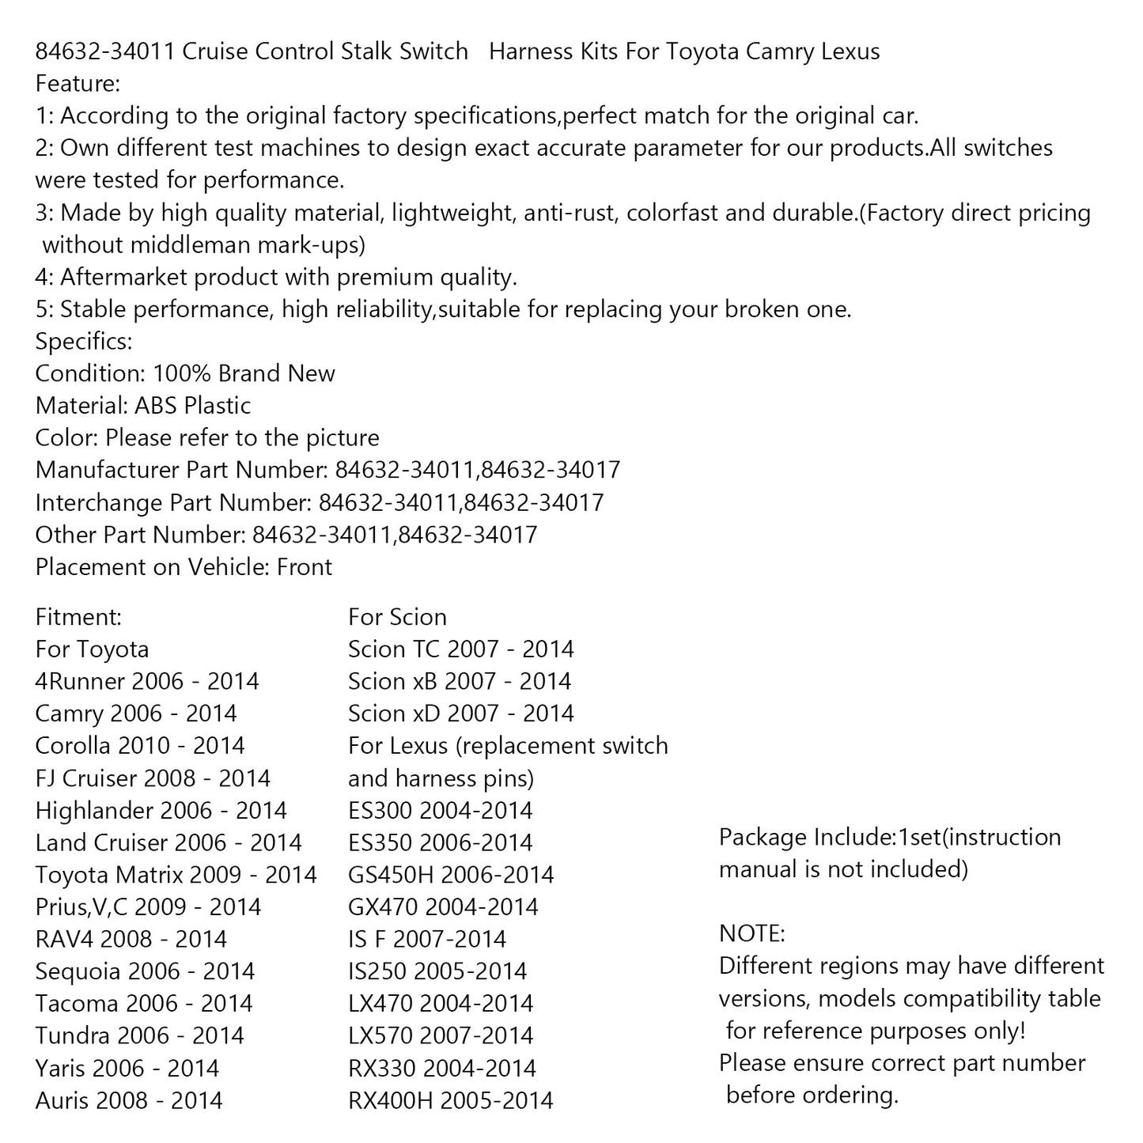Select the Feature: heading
(x=78, y=84)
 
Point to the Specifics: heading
(x=84, y=342)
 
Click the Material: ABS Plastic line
(x=143, y=406)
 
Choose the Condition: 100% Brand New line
(x=185, y=373)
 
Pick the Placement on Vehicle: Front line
(x=184, y=567)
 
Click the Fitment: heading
(x=78, y=617)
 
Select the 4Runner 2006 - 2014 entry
(x=147, y=682)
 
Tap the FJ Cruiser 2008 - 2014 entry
(x=153, y=778)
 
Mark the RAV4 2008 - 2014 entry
(x=131, y=940)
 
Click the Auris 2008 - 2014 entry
(x=129, y=1100)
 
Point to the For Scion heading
(x=397, y=617)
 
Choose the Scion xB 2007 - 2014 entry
(x=460, y=682)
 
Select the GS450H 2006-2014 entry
(x=451, y=875)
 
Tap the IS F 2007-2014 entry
(x=427, y=940)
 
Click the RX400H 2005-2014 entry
(x=451, y=1100)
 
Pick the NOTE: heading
(x=751, y=934)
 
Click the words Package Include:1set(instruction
(x=890, y=838)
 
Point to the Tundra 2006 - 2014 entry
(x=140, y=1036)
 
